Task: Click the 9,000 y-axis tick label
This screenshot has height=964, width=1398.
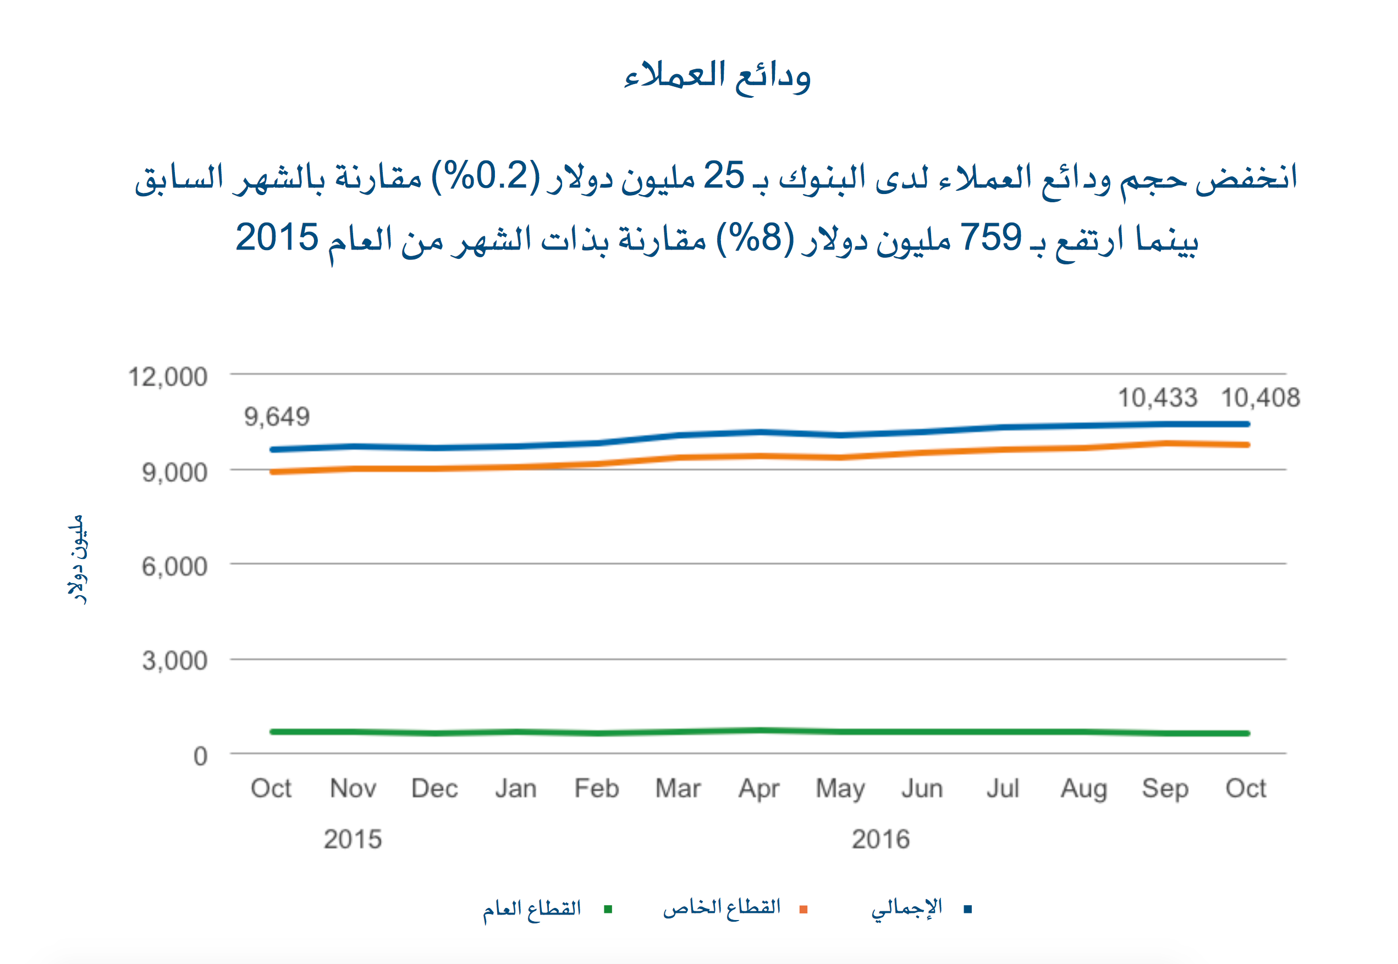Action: [x=175, y=472]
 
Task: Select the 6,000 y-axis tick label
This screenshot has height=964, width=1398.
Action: [x=175, y=567]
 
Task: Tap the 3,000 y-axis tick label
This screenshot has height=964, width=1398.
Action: [x=175, y=661]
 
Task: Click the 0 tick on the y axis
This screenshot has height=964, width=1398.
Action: [x=201, y=756]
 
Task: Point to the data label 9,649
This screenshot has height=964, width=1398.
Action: [x=277, y=417]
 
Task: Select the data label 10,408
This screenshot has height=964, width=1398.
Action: [x=1260, y=398]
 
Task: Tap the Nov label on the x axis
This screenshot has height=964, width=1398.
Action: [x=353, y=788]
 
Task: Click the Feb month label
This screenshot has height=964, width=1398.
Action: [x=597, y=788]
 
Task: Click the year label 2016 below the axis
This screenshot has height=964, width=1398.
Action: [x=880, y=839]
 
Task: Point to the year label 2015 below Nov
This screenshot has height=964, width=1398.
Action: [x=353, y=839]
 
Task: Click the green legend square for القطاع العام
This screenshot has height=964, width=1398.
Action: [x=608, y=909]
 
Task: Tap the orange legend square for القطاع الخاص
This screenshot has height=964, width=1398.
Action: [x=803, y=909]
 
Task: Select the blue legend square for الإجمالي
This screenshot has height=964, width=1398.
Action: [x=968, y=909]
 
